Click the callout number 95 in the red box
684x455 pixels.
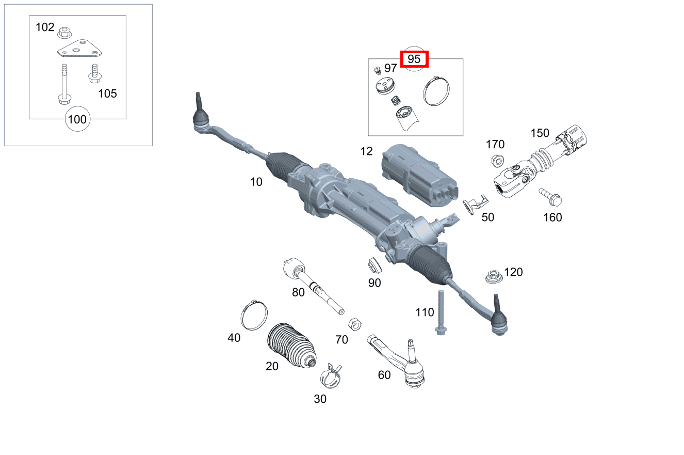click(414, 59)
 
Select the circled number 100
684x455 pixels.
click(77, 120)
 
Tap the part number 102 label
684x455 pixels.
click(45, 27)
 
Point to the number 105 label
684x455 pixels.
click(107, 93)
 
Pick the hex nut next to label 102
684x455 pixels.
click(64, 32)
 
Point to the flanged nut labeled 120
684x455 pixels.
click(494, 276)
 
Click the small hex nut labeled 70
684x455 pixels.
click(354, 324)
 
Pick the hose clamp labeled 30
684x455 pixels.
click(330, 375)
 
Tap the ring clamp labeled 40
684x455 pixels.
click(254, 316)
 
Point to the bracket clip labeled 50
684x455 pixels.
click(474, 203)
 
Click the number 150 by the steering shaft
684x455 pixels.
click(540, 133)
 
